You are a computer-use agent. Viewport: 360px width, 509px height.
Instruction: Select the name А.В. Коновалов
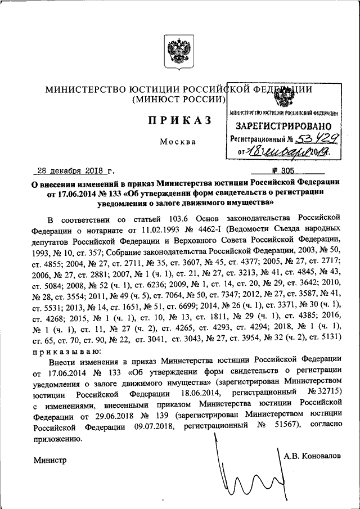click(312, 455)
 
